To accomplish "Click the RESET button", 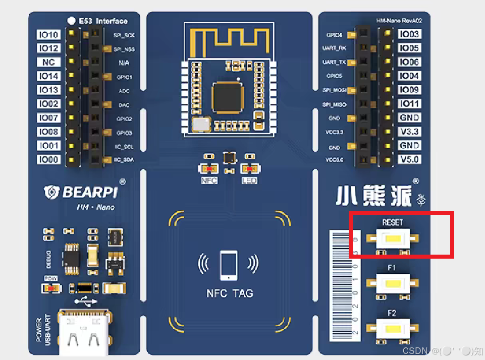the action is (x=393, y=239).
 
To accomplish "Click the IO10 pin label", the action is (x=49, y=35).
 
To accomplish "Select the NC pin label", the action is (x=49, y=63).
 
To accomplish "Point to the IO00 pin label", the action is (x=49, y=160).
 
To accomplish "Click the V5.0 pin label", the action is (x=409, y=160).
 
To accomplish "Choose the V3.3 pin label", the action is (x=409, y=132).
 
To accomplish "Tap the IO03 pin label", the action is (x=409, y=34).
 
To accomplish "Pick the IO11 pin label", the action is (x=409, y=104).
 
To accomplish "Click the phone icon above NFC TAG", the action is (x=229, y=265).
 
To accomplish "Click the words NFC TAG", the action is (x=230, y=293).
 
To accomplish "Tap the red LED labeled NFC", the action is (x=209, y=169).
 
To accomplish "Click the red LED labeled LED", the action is (x=249, y=169).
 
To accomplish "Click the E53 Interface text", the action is (x=103, y=21).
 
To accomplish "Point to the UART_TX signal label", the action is (x=334, y=63).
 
